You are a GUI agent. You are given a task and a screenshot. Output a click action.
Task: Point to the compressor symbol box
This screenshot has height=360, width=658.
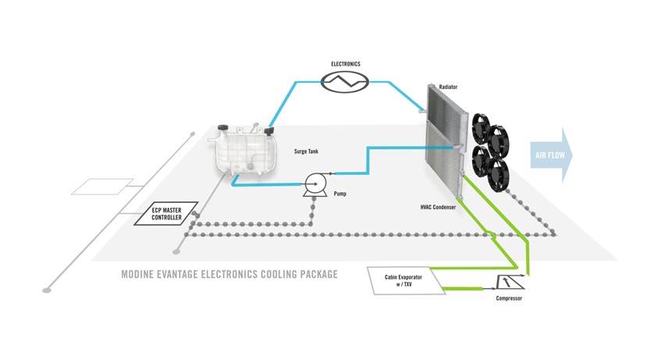tap(508, 282)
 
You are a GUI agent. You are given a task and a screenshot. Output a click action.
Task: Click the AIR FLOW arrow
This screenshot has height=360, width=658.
tap(551, 155)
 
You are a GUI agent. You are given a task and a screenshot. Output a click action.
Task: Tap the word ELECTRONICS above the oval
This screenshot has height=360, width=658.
tap(346, 63)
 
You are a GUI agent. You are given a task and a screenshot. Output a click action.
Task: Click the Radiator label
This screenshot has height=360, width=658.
tap(449, 88)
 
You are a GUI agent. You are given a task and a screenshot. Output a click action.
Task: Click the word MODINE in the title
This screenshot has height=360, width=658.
tap(140, 274)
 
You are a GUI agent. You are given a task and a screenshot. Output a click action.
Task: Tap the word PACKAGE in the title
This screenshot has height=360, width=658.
tap(315, 274)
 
